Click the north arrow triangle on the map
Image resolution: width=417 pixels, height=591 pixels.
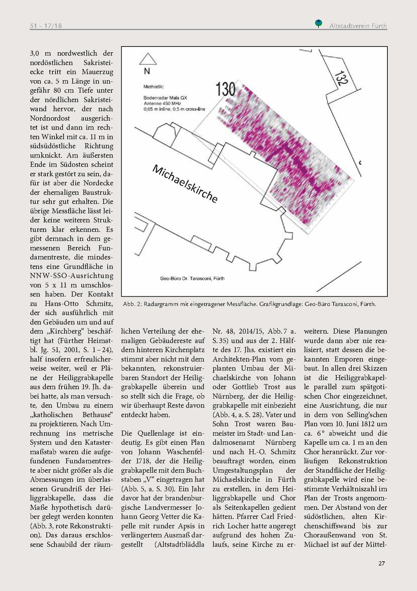(148, 59)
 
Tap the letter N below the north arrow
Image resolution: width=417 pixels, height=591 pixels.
(147, 71)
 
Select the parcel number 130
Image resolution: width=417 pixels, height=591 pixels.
(225, 89)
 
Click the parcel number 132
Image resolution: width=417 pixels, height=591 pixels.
(341, 77)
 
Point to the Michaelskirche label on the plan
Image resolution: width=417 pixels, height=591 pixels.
(185, 183)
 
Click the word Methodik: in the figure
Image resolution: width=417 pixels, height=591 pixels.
(153, 87)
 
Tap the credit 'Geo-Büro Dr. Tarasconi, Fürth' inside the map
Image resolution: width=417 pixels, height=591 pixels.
(192, 278)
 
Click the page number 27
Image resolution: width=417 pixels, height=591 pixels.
(381, 563)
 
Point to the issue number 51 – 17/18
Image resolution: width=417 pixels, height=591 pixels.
(46, 26)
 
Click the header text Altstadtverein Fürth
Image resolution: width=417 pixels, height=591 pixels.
(358, 26)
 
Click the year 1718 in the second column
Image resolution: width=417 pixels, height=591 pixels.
(143, 461)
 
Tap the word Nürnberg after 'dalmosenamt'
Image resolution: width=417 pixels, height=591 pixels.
(280, 442)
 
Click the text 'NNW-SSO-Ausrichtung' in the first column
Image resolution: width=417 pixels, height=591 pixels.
(72, 276)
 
